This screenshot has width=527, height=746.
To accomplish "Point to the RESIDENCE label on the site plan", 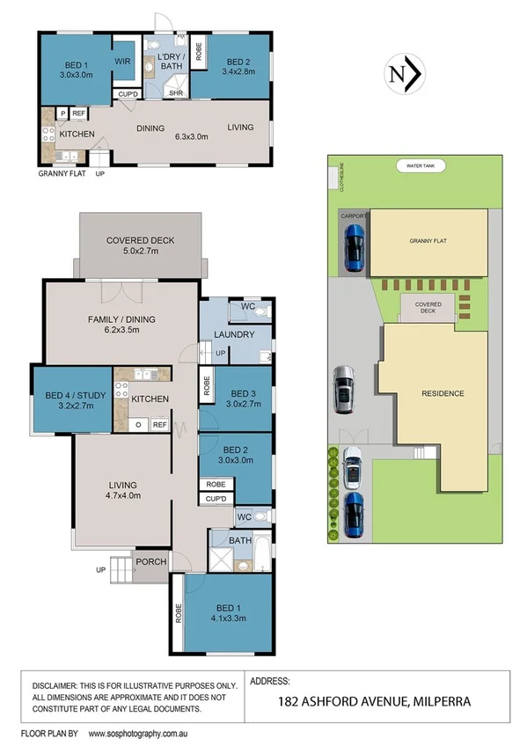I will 442,393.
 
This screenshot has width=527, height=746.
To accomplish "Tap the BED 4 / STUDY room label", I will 75,395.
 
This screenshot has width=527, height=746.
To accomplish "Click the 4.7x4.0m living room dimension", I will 124,494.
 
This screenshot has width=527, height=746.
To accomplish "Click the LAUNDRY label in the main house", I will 235,334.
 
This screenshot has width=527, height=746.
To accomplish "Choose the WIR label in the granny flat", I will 124,62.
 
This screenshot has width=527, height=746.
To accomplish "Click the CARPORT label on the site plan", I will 351,215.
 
